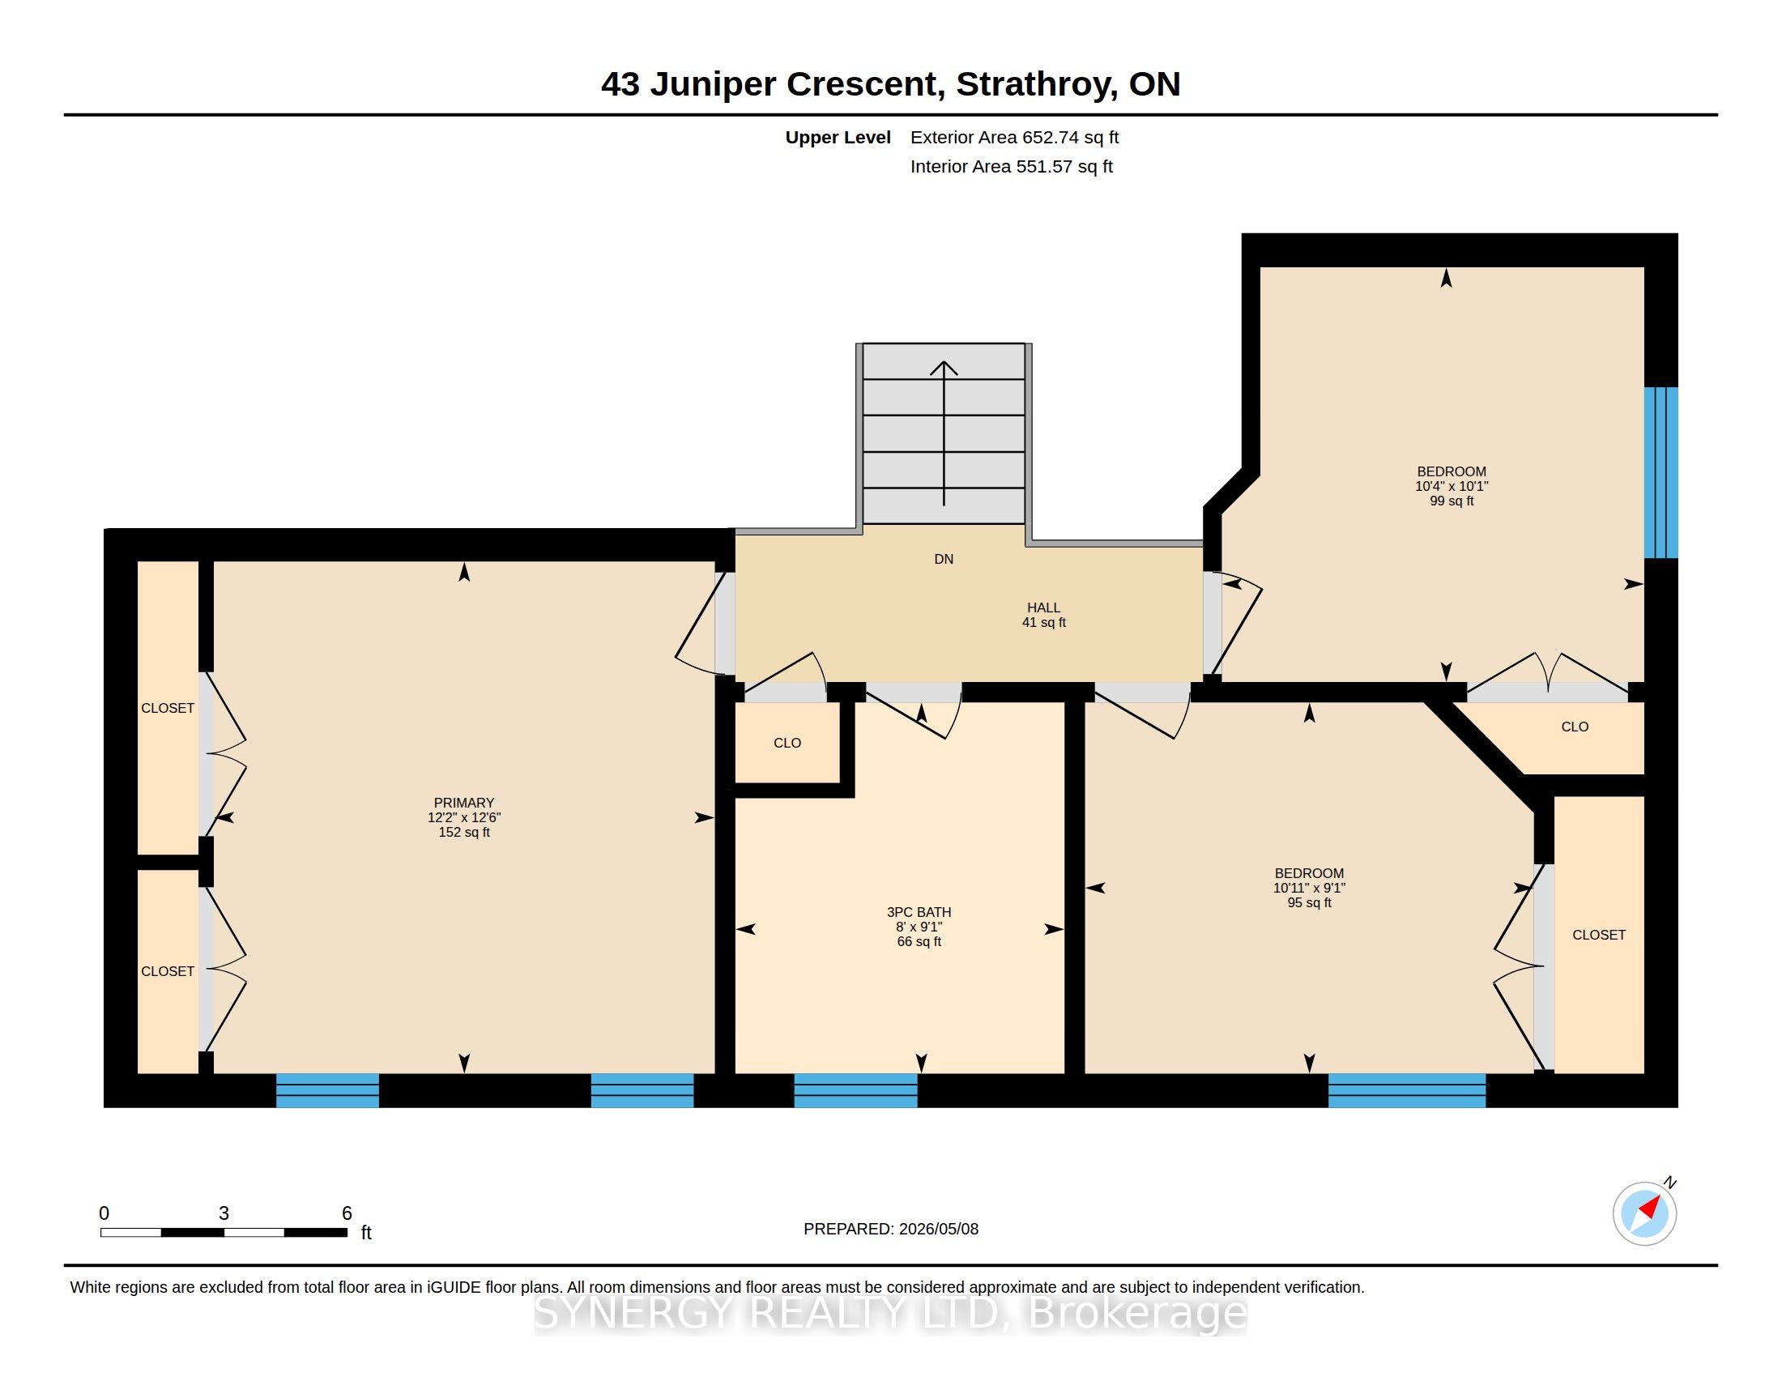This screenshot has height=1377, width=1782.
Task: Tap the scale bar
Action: [x=224, y=1232]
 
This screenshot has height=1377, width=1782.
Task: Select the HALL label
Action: [x=1043, y=607]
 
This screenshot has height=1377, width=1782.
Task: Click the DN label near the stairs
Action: [x=944, y=559]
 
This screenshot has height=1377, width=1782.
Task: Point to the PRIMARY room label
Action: [x=464, y=803]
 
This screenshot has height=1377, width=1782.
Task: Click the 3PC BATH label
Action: [x=919, y=912]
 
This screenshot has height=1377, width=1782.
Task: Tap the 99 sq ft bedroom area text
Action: [x=1452, y=501]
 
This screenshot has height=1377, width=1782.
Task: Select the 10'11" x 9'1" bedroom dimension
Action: [x=1310, y=888]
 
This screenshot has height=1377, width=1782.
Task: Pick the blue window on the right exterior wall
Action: [x=1660, y=472]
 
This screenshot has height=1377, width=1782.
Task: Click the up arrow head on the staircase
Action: [x=944, y=368]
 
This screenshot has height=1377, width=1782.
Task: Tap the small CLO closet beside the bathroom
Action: [x=787, y=743]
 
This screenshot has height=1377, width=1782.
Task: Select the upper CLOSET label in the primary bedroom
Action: [x=168, y=708]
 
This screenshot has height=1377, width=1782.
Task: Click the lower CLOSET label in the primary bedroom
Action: [x=168, y=971]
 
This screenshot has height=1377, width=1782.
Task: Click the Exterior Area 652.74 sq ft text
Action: [x=1014, y=137]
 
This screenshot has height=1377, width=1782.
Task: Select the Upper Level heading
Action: [x=838, y=138]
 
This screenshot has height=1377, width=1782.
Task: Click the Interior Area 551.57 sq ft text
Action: [x=1011, y=166]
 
